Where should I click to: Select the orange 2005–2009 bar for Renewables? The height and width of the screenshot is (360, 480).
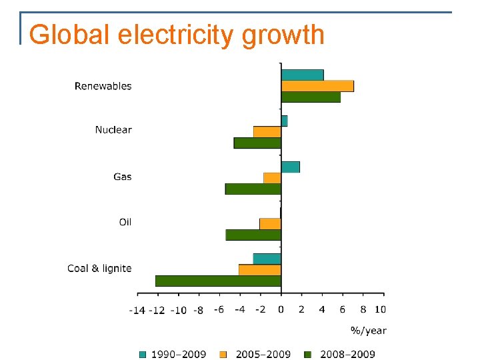(x=317, y=86)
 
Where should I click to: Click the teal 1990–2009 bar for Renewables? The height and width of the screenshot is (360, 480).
(x=302, y=75)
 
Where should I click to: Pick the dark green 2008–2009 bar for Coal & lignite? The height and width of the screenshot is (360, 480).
(x=218, y=281)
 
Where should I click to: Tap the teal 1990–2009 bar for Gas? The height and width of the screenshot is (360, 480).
(x=291, y=167)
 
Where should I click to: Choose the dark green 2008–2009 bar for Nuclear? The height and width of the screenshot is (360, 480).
(x=257, y=143)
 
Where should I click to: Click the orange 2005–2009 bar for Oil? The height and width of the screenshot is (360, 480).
(x=270, y=223)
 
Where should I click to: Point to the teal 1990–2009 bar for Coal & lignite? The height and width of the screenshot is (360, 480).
(x=267, y=259)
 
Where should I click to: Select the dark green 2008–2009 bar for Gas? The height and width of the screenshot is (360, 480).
(x=253, y=189)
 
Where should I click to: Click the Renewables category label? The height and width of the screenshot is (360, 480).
(x=103, y=86)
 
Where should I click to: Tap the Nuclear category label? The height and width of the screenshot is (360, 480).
(x=113, y=130)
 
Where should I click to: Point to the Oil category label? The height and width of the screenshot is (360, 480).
(x=125, y=222)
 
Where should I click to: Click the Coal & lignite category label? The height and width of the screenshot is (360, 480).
(x=99, y=268)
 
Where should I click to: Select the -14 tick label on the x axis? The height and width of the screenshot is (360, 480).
(x=137, y=309)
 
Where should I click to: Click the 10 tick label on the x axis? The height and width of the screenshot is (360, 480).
(x=379, y=309)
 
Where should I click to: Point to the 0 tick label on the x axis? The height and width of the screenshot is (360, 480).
(x=281, y=309)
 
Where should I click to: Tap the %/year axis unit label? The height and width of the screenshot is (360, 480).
(x=368, y=330)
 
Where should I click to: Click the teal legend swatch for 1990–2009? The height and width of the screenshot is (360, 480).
(x=143, y=354)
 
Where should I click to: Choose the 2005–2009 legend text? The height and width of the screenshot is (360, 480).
(x=264, y=354)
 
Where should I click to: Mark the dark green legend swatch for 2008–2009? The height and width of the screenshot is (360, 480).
(x=308, y=354)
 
